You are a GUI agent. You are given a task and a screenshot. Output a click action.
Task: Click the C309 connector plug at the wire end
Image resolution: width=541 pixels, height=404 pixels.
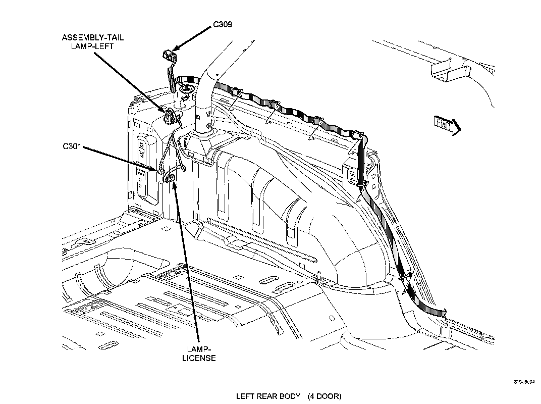pyautogui.click(x=168, y=55)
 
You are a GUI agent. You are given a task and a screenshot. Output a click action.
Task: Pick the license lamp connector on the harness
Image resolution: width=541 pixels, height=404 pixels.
pyautogui.click(x=171, y=178)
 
